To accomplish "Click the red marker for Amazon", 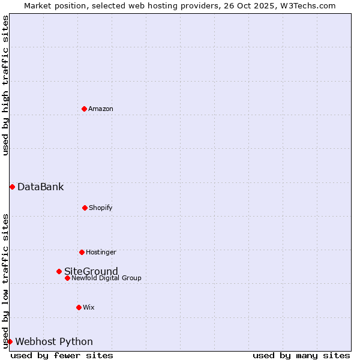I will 84,109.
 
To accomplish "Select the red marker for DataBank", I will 12,187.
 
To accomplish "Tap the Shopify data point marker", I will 85,208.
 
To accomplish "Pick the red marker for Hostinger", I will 82,252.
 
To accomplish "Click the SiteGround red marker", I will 59,271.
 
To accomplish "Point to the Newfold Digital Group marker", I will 67,278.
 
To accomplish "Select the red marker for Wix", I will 79,307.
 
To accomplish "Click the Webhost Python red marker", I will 10,341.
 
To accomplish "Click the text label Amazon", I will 101,109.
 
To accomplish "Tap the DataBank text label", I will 40,187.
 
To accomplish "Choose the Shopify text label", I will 100,208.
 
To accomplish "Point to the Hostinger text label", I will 101,252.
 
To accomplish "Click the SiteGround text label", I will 91,271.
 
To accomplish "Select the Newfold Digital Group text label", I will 107,278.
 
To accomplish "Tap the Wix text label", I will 89,307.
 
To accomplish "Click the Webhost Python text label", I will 54,341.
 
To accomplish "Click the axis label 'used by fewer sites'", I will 62,355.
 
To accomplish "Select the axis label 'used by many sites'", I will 301,355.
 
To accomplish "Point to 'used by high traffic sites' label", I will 5,85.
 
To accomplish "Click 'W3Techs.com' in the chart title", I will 307,5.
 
